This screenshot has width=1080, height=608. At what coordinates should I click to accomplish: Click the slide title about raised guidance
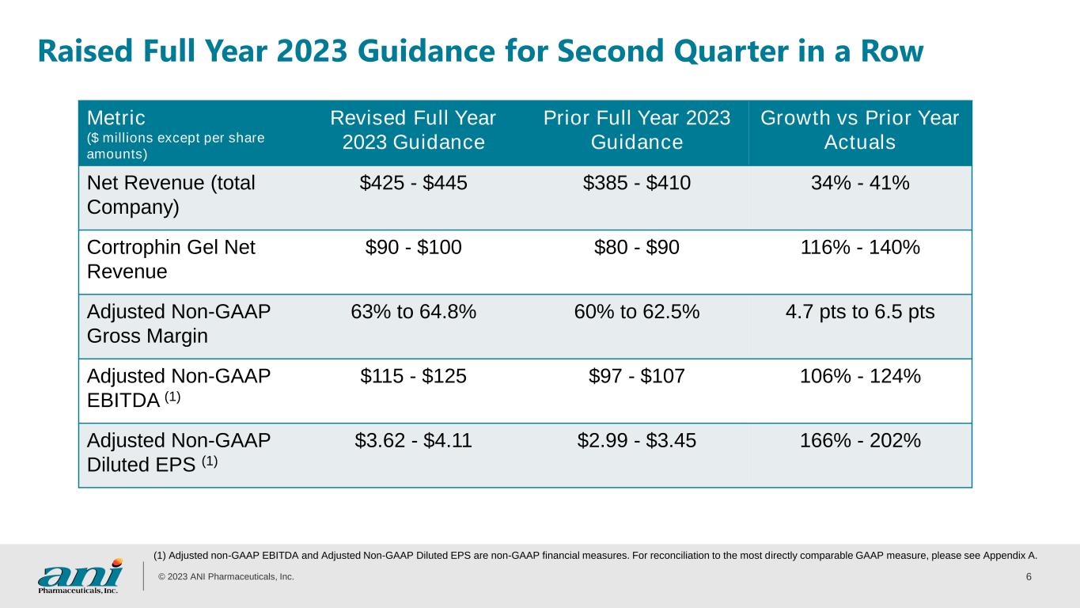(x=481, y=51)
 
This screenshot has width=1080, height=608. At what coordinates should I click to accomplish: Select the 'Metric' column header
(x=116, y=118)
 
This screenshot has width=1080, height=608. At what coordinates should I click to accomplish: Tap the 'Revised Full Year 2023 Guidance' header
(x=413, y=130)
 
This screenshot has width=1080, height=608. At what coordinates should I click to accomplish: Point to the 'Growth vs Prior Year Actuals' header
(x=860, y=130)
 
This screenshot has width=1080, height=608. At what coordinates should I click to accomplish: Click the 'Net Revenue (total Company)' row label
(x=171, y=195)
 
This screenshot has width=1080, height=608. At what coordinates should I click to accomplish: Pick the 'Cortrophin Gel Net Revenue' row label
(x=171, y=259)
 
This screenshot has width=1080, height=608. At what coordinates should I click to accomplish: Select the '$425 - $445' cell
(x=413, y=183)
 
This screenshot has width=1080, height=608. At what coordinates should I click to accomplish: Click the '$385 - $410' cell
(x=636, y=183)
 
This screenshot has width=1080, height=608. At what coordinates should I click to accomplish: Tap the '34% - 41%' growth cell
(x=860, y=183)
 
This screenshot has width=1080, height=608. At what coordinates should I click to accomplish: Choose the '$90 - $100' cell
(x=413, y=247)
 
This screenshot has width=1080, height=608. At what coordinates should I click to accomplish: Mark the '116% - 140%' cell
(x=860, y=247)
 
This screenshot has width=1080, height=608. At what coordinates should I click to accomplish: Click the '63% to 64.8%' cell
(x=413, y=312)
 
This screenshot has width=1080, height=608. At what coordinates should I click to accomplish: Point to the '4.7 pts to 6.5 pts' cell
(x=860, y=312)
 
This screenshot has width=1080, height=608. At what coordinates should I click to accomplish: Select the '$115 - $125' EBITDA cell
(x=413, y=376)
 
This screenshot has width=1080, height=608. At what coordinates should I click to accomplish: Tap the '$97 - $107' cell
(x=636, y=376)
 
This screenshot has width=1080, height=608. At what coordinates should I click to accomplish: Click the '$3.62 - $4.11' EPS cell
(x=413, y=440)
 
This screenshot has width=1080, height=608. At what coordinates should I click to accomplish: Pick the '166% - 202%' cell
(x=860, y=440)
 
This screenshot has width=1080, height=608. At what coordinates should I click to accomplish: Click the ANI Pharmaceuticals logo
(x=80, y=576)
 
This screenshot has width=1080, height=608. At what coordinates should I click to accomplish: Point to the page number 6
(x=1029, y=576)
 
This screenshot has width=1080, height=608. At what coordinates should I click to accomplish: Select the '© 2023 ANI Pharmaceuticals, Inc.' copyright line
(x=226, y=576)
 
